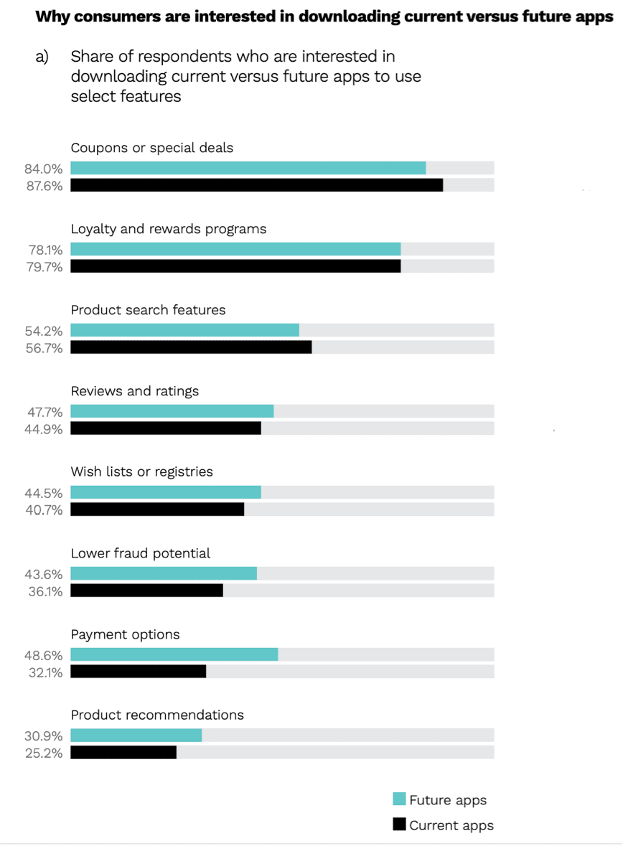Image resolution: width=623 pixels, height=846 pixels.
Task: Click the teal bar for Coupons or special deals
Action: coord(248,168)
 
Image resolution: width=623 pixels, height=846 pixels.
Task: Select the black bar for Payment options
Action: coord(139,672)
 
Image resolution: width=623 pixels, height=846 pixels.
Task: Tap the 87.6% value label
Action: coord(44,186)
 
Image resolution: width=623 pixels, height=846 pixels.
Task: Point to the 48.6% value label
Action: coord(44,656)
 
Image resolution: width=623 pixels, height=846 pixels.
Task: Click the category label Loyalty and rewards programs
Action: coord(168,229)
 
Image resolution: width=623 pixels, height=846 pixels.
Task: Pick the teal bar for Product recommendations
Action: coord(136,735)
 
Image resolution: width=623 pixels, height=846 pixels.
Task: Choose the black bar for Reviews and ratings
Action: coord(166,428)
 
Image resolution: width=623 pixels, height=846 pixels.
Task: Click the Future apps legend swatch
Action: coord(400,799)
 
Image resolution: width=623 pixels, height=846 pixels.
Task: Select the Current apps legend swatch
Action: coord(400,824)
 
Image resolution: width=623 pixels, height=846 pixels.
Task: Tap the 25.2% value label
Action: coord(44,753)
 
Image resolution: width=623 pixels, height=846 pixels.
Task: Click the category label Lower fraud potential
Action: coord(140,553)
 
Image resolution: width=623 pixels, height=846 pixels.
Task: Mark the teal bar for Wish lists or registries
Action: coord(166,492)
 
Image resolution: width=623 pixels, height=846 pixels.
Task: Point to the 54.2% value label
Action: coord(44,332)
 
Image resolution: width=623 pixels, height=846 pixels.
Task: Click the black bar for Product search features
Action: coord(191,347)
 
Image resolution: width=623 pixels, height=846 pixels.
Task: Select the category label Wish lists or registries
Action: coord(141,471)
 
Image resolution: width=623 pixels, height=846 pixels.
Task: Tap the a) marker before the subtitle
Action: coord(42,57)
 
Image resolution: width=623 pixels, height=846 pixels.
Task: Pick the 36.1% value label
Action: coord(44,592)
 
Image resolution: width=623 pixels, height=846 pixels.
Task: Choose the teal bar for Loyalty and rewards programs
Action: coord(235,249)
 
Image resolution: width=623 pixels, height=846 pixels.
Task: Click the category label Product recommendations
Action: coord(157,715)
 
